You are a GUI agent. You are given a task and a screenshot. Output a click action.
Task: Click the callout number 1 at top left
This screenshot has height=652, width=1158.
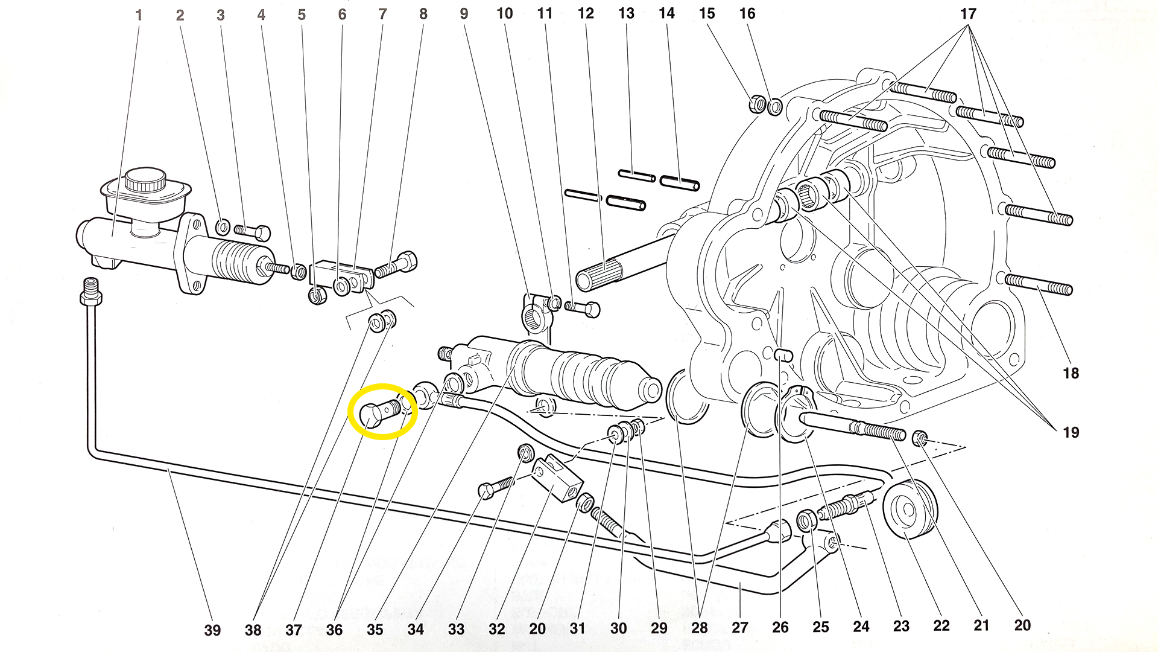point(139,15)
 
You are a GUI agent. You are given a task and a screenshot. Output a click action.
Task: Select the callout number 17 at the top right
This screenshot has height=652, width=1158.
point(968,14)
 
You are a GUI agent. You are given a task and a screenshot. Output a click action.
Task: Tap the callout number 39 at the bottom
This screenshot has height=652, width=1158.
point(212,630)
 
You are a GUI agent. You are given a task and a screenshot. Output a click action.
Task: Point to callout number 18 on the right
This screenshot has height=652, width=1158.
point(1071,373)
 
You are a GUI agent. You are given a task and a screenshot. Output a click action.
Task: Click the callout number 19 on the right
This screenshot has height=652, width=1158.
point(1071,432)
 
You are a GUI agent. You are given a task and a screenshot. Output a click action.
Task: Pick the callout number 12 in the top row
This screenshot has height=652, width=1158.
point(586,13)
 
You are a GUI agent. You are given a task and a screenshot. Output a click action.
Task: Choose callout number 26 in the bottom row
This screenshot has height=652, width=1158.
point(780,627)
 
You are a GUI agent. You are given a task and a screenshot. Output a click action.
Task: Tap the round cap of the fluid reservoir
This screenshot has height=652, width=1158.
point(145,180)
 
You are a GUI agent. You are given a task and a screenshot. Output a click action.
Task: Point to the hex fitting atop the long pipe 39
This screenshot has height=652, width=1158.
point(90,294)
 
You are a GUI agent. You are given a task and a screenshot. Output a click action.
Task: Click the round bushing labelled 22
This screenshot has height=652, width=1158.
point(911,507)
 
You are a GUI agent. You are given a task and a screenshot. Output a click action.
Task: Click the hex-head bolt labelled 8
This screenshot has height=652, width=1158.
point(398,265)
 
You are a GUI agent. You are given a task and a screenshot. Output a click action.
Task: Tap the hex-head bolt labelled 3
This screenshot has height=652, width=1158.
point(253,232)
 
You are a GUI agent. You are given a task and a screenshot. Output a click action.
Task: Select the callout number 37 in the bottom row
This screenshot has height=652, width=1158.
point(294,630)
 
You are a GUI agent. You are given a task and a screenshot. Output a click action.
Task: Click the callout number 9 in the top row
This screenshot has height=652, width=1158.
point(464,13)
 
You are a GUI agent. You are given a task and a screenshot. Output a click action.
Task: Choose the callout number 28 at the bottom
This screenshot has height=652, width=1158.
point(699,628)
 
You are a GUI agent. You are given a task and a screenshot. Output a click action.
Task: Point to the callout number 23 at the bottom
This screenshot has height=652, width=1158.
point(901,626)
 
